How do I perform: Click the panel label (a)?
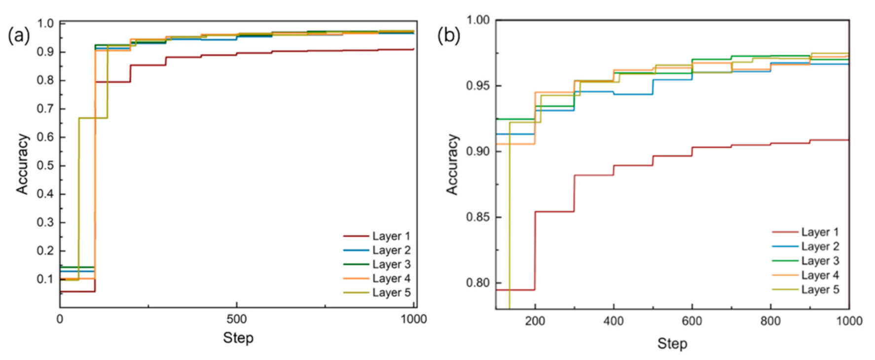19,36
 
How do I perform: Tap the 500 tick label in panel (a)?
237,319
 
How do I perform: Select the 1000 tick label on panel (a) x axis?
413,319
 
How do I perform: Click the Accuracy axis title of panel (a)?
22,164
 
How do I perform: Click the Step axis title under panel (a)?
238,338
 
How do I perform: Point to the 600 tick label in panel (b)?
692,322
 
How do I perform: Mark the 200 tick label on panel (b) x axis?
535,322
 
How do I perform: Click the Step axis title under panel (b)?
672,344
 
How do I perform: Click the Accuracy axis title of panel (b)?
452,164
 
